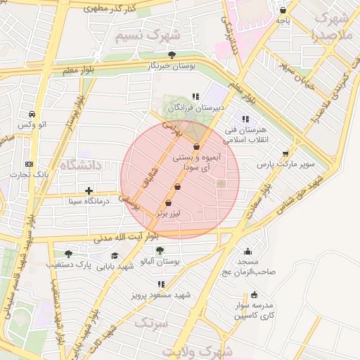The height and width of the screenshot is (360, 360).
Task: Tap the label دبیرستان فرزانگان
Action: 199,108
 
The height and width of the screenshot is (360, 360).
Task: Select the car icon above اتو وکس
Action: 32,114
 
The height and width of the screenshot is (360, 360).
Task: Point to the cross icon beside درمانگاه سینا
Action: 89,191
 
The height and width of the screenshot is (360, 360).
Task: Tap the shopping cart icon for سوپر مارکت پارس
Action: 285,153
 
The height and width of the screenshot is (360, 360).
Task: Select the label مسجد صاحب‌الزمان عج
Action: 250,266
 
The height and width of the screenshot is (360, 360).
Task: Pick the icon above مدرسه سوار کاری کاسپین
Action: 254,295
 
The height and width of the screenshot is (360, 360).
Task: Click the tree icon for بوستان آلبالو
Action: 160,250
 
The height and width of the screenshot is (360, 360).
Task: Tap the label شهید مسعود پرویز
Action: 161,295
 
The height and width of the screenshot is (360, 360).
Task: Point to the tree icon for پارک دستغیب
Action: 68,254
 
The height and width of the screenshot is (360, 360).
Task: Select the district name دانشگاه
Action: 81,165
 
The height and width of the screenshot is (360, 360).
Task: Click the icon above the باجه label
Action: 283,11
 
